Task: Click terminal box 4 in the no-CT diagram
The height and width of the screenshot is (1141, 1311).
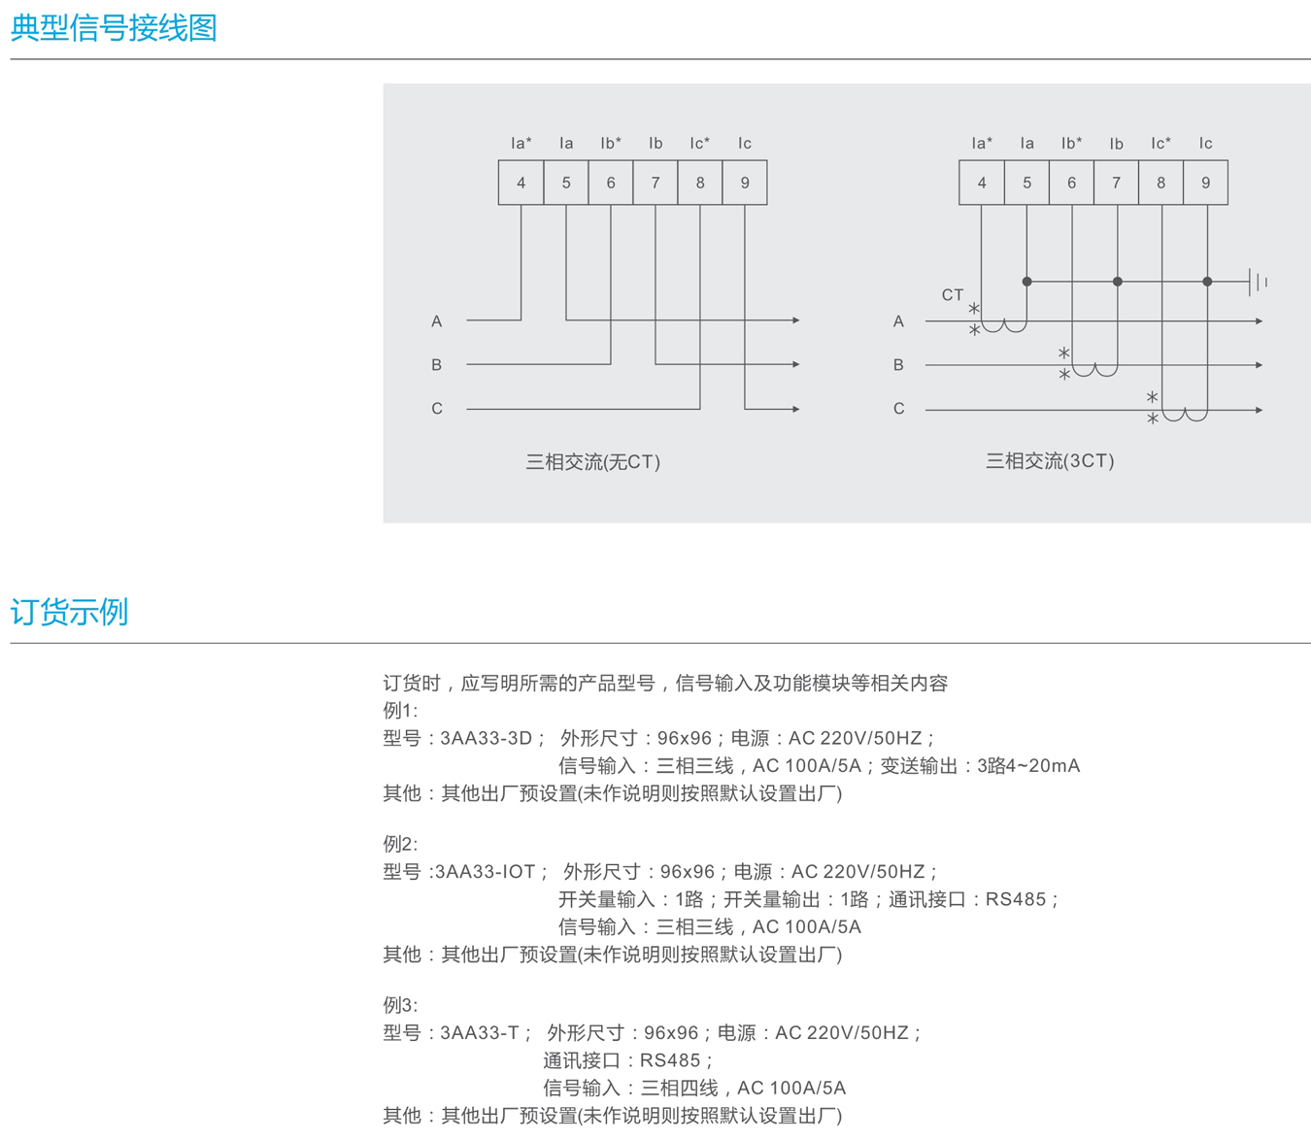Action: [521, 183]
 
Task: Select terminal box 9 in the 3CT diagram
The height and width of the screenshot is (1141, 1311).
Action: [1205, 183]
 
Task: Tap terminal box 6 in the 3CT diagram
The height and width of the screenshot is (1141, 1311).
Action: [1071, 183]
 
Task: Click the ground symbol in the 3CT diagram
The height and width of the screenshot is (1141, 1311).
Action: [1258, 282]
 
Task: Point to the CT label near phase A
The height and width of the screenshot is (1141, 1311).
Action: [952, 295]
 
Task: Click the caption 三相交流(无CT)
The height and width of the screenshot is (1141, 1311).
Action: [592, 462]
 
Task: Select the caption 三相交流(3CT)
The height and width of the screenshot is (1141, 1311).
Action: [1050, 461]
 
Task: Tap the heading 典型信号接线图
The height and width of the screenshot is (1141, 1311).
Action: [114, 28]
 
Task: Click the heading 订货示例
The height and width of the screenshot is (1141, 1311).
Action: [69, 612]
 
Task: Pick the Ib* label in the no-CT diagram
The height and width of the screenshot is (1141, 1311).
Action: [611, 144]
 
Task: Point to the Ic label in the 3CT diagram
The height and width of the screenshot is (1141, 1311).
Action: [1205, 144]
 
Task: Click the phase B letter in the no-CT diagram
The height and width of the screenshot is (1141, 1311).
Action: [436, 365]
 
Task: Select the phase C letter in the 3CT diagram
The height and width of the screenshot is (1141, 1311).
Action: [898, 409]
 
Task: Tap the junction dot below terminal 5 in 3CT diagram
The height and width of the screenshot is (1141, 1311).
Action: [1026, 282]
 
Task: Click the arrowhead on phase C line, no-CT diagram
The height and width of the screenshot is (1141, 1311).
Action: [795, 409]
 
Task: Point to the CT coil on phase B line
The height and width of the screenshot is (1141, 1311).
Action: [1094, 370]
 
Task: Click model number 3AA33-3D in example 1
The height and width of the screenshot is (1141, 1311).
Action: [487, 738]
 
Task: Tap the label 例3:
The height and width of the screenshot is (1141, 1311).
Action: [400, 1005]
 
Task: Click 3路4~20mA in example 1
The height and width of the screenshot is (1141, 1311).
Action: [1028, 766]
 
